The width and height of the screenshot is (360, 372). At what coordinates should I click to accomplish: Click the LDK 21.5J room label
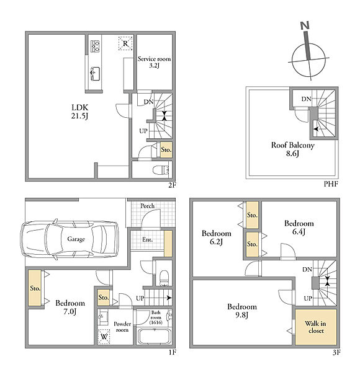tap(80, 111)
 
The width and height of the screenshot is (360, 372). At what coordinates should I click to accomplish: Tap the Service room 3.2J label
tap(154, 62)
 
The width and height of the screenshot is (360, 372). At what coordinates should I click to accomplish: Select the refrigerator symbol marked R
tap(125, 43)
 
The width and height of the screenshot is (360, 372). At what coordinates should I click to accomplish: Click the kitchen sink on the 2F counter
tap(95, 74)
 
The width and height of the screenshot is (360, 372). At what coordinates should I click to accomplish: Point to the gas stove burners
tap(95, 46)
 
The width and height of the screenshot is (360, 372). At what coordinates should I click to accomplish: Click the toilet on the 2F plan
tap(160, 170)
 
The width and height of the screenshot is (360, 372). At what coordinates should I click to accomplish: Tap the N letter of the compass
tap(305, 25)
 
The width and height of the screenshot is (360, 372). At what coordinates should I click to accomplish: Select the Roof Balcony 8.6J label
tap(292, 149)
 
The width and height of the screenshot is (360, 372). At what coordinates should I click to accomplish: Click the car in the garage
tap(70, 239)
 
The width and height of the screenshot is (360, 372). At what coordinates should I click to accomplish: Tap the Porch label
tap(147, 206)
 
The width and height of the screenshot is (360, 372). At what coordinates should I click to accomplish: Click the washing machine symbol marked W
tap(104, 336)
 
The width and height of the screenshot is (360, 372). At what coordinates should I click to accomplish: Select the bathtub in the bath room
tap(155, 336)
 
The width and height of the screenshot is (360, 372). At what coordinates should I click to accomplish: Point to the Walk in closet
tap(315, 327)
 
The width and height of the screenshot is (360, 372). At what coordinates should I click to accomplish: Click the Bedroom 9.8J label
tap(241, 311)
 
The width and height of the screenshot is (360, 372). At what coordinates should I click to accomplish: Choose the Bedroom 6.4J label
tap(299, 227)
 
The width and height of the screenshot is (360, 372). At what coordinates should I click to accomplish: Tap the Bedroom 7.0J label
tap(70, 307)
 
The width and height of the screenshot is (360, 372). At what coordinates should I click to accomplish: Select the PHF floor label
tap(331, 184)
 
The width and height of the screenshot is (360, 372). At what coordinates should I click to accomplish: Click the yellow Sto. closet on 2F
tap(166, 149)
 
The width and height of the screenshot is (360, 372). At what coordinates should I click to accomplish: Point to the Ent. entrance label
tap(147, 239)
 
